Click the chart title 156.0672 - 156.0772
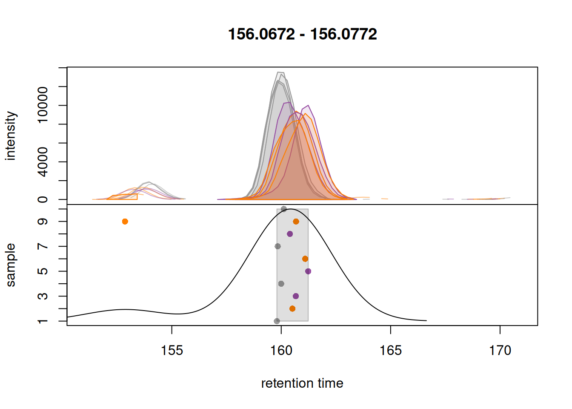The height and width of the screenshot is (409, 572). click(302, 34)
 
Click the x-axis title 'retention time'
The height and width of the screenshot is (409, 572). click(302, 383)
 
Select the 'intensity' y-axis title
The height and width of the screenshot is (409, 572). click(11, 136)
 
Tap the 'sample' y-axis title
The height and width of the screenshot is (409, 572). click(11, 265)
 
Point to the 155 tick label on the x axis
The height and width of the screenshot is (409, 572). click(172, 351)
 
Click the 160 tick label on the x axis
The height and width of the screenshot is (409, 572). click(281, 351)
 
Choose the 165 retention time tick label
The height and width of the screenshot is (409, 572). click(391, 351)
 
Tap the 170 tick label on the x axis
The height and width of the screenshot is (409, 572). click(500, 351)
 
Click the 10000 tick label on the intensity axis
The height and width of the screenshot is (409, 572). click(43, 105)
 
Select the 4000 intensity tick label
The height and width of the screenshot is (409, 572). click(43, 162)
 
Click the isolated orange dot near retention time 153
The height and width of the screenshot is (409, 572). click(125, 222)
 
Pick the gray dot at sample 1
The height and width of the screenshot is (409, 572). click(277, 321)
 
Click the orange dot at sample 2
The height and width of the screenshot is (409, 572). click(292, 308)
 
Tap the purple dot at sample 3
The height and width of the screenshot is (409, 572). click(296, 296)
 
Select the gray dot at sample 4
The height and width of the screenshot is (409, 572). click(281, 284)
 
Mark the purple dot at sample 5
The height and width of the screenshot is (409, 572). click(308, 271)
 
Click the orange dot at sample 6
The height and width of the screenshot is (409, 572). click(305, 259)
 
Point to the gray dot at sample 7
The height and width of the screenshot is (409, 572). click(277, 246)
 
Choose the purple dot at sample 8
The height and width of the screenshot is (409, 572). click(290, 234)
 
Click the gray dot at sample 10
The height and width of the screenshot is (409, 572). click(284, 209)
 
